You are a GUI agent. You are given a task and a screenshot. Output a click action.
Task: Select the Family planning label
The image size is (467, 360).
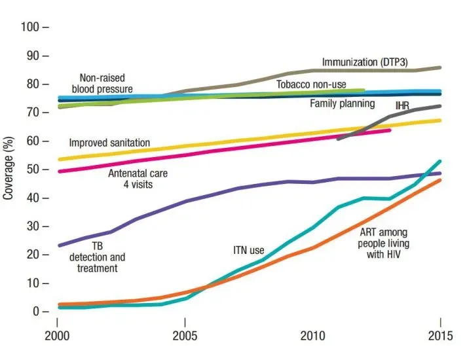pyautogui.click(x=342, y=103)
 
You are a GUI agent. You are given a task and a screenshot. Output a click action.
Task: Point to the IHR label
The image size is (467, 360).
pyautogui.click(x=403, y=105)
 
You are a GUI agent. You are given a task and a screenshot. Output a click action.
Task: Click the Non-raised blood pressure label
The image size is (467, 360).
pyautogui.click(x=103, y=83)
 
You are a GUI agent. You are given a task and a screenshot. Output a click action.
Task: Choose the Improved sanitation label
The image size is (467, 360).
pyautogui.click(x=109, y=143)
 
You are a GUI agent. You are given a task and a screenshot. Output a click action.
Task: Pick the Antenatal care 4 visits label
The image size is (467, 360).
pyautogui.click(x=138, y=179)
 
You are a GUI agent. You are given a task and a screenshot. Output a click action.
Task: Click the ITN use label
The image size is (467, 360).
pyautogui.click(x=249, y=249)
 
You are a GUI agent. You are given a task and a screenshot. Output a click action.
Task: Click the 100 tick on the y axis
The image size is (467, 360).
pyautogui.click(x=34, y=27)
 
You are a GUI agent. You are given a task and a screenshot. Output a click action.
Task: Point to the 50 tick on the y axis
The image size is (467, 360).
pyautogui.click(x=37, y=170)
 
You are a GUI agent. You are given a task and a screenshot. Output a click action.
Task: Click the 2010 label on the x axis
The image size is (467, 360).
pyautogui.click(x=313, y=342)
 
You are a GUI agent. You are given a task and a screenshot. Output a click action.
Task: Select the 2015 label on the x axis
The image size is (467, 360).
pyautogui.click(x=440, y=342)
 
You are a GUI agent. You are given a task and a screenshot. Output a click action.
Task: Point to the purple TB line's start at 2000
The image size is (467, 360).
pyautogui.click(x=59, y=245)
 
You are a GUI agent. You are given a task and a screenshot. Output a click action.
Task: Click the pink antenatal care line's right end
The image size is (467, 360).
pyautogui.click(x=390, y=130)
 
